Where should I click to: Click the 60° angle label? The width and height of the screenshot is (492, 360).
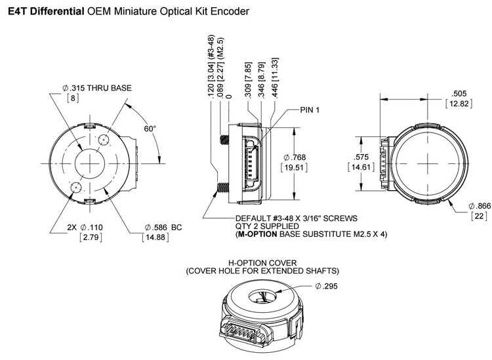pos(150,129)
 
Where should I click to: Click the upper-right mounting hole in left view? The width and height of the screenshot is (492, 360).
pos(103,140)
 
